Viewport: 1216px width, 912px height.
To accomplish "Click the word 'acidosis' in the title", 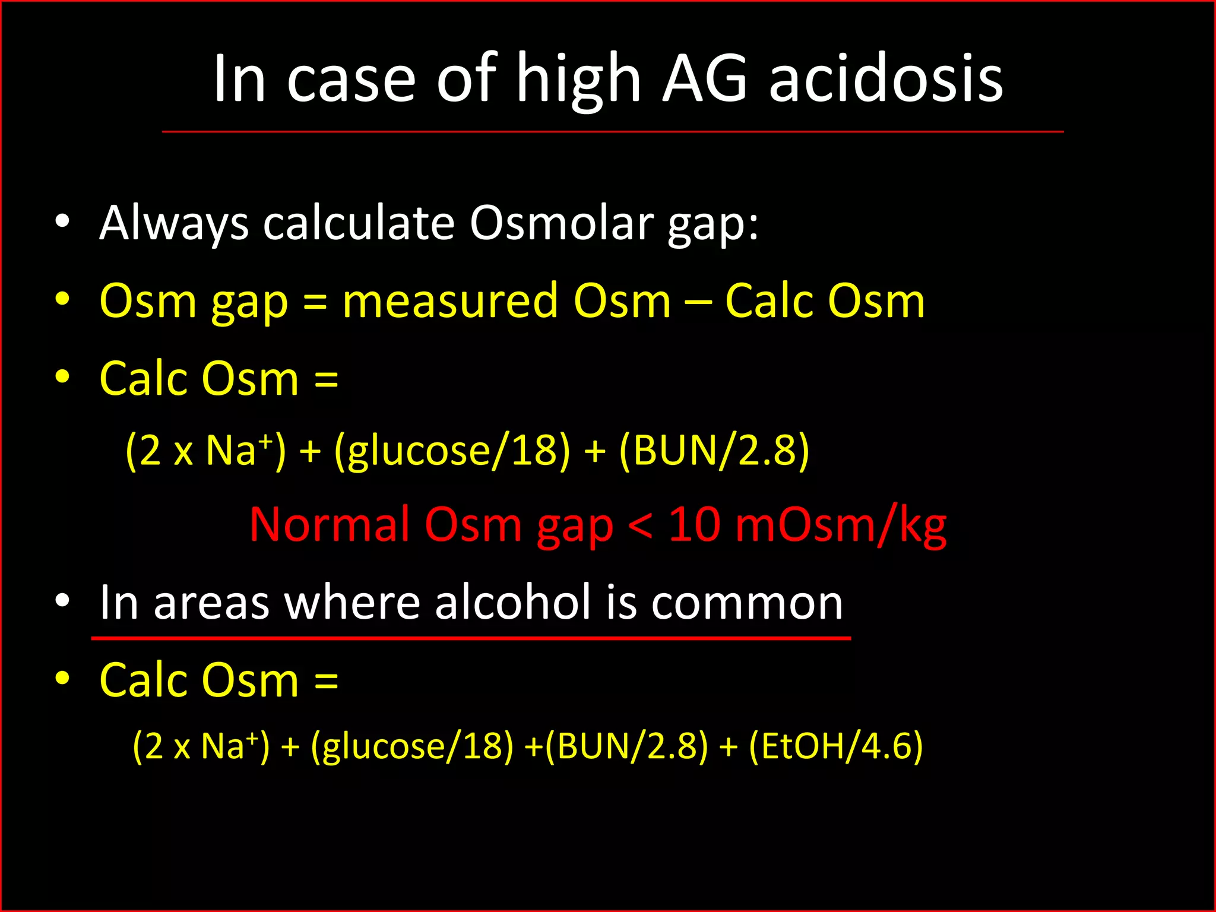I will [886, 78].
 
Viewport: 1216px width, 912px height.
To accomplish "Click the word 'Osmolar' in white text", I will [562, 223].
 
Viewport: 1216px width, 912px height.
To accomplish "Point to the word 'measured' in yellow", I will [449, 301].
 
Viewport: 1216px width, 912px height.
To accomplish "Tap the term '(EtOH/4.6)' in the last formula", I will [836, 746].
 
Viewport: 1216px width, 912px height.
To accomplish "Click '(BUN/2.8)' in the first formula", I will [714, 451].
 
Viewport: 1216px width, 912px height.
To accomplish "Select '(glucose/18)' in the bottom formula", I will [412, 746].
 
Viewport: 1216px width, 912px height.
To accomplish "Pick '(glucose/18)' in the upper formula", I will [452, 451].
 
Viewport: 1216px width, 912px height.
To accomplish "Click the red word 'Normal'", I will [330, 525].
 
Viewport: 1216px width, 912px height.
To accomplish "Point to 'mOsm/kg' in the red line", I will [841, 525].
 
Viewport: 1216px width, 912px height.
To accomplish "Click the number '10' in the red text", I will [695, 525].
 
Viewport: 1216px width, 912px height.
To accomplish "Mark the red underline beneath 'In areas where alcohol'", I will [471, 638].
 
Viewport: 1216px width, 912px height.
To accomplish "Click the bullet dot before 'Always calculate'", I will [62, 222].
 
